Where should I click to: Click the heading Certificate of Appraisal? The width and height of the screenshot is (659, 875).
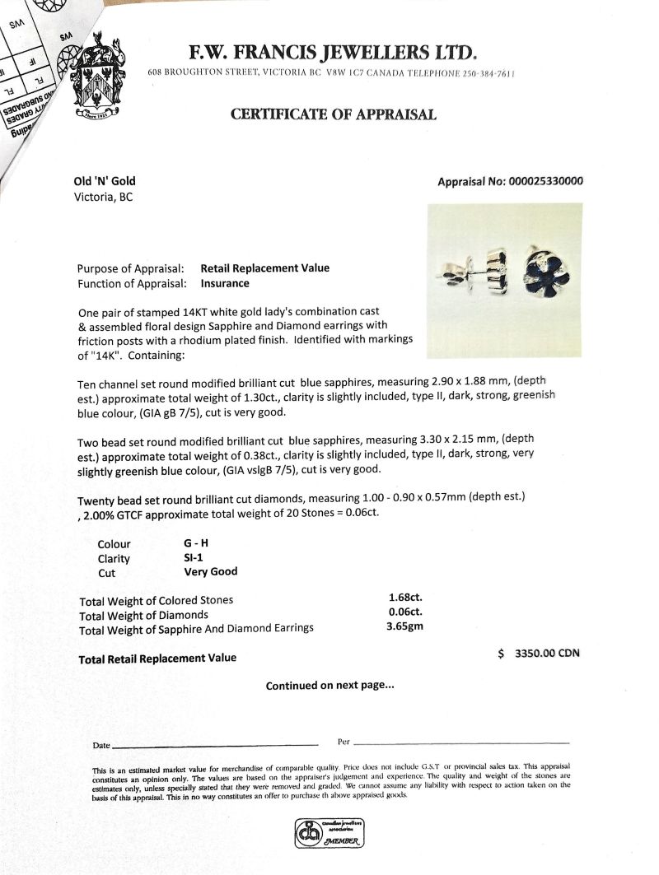click(333, 114)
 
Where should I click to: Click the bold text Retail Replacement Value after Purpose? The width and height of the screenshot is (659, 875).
click(264, 268)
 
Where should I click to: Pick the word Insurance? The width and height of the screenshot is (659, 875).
click(224, 283)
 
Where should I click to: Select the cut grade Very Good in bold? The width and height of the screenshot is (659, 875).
click(210, 571)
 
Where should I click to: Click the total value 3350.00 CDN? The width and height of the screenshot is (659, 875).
click(546, 654)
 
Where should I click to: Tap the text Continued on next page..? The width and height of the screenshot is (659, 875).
click(329, 685)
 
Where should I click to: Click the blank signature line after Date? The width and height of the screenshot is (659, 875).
click(214, 745)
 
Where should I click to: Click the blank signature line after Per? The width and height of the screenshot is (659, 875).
click(461, 743)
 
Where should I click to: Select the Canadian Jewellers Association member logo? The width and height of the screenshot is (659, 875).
click(329, 833)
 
